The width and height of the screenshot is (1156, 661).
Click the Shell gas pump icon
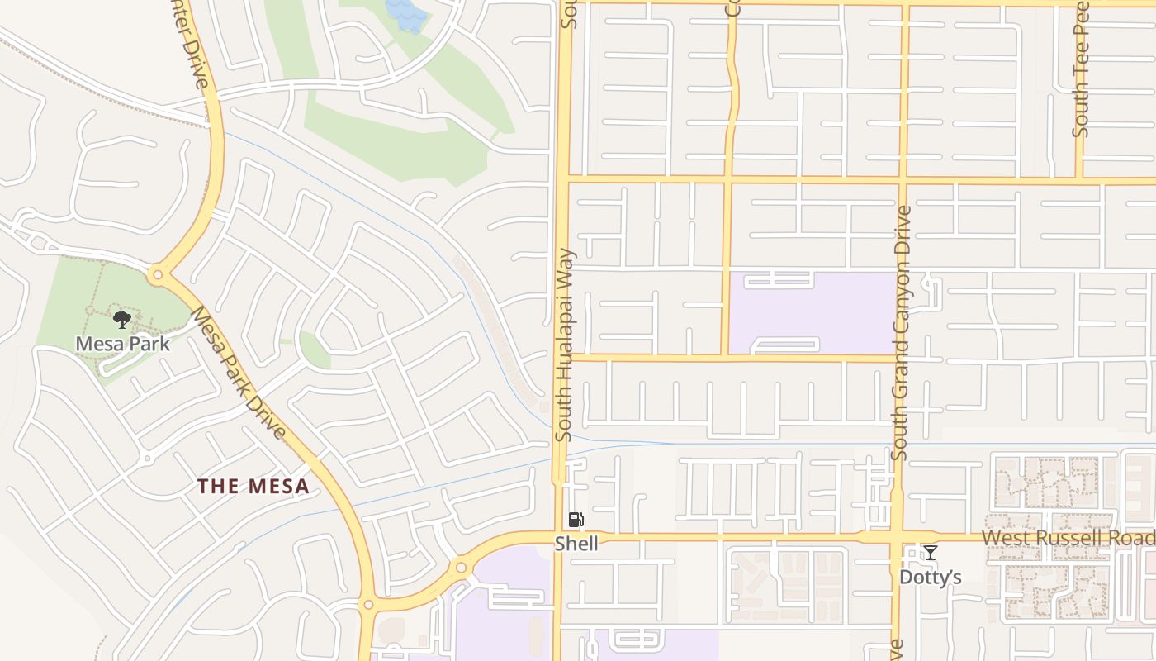click(x=576, y=520)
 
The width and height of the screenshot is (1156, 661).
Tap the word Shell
click(x=576, y=543)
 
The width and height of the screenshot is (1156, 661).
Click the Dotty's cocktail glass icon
click(x=931, y=553)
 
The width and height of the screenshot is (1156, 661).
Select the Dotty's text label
click(x=931, y=577)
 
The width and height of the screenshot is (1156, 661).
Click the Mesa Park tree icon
click(x=122, y=320)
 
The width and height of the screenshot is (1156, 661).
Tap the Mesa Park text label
click(x=122, y=343)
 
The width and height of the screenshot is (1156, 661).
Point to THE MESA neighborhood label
click(x=253, y=486)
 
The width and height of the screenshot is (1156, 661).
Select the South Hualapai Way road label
click(x=565, y=345)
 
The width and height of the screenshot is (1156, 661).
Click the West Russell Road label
click(x=1068, y=538)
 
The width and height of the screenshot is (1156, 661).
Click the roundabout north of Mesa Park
click(x=157, y=274)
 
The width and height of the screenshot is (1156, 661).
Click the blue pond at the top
click(x=407, y=15)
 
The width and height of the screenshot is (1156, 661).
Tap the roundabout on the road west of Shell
click(x=461, y=568)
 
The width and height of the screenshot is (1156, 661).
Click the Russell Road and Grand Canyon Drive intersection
click(x=897, y=537)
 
